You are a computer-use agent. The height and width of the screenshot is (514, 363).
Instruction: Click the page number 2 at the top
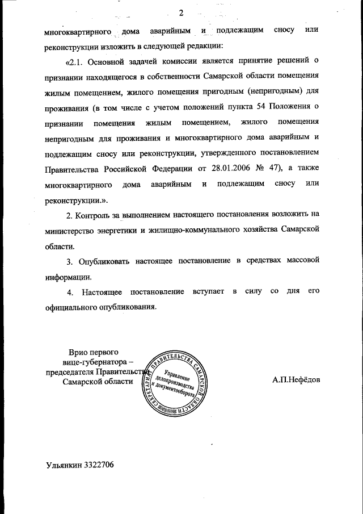click(x=181, y=13)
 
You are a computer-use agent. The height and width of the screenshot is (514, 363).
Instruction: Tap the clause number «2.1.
click(x=77, y=61)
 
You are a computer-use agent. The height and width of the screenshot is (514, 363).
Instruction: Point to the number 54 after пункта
click(x=256, y=107)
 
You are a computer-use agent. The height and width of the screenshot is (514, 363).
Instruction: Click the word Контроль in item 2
click(x=94, y=215)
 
